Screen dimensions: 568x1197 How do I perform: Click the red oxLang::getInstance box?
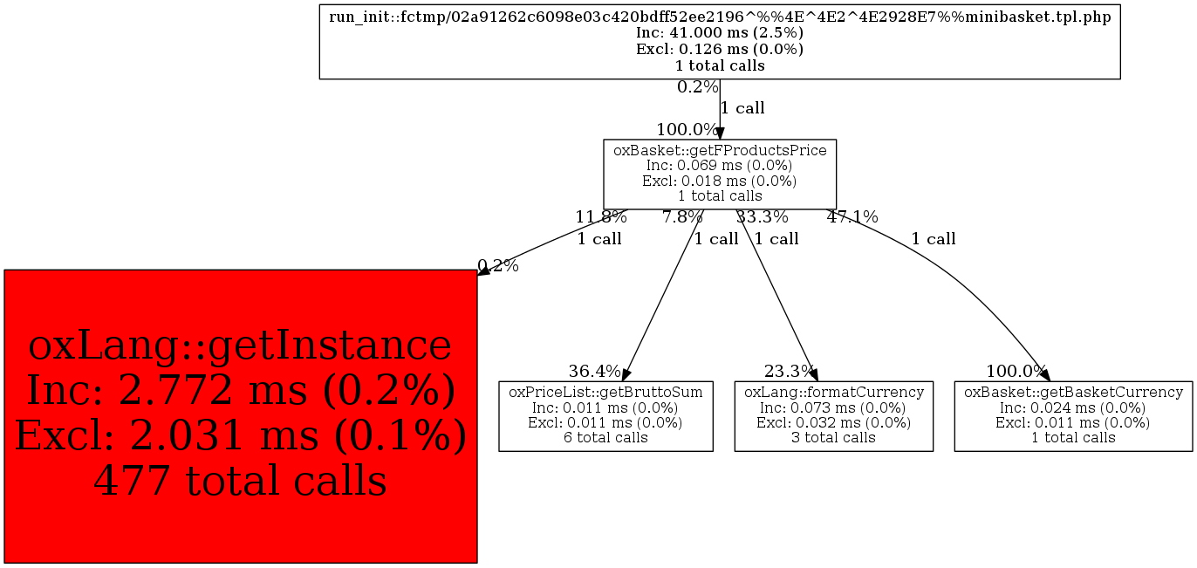click(x=240, y=415)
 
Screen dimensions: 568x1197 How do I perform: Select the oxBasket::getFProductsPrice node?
click(x=720, y=173)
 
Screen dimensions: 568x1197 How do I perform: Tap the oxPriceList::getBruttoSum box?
click(x=605, y=415)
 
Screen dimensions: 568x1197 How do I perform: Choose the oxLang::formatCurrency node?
click(x=833, y=415)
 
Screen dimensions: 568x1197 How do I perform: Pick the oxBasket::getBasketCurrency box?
click(x=1073, y=415)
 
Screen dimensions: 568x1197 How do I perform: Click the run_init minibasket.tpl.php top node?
click(x=720, y=41)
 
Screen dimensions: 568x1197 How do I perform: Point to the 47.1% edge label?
click(x=852, y=217)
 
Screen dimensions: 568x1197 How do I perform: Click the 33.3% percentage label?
click(x=762, y=217)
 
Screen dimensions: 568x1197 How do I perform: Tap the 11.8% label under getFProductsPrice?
click(x=600, y=217)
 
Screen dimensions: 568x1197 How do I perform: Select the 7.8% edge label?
click(x=682, y=217)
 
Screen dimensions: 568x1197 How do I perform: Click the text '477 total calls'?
click(x=240, y=480)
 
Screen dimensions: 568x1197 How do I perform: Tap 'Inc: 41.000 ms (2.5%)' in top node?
click(x=720, y=33)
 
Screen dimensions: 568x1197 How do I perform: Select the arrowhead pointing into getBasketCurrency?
click(x=1043, y=373)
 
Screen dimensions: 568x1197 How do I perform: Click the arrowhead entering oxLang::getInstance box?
click(x=483, y=272)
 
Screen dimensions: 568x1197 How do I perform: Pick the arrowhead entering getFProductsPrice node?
click(x=720, y=133)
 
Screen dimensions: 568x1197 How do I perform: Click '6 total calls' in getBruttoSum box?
click(x=605, y=437)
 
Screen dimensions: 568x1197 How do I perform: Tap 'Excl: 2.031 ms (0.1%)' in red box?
click(x=240, y=435)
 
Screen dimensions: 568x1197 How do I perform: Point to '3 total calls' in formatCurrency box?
click(x=833, y=437)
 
